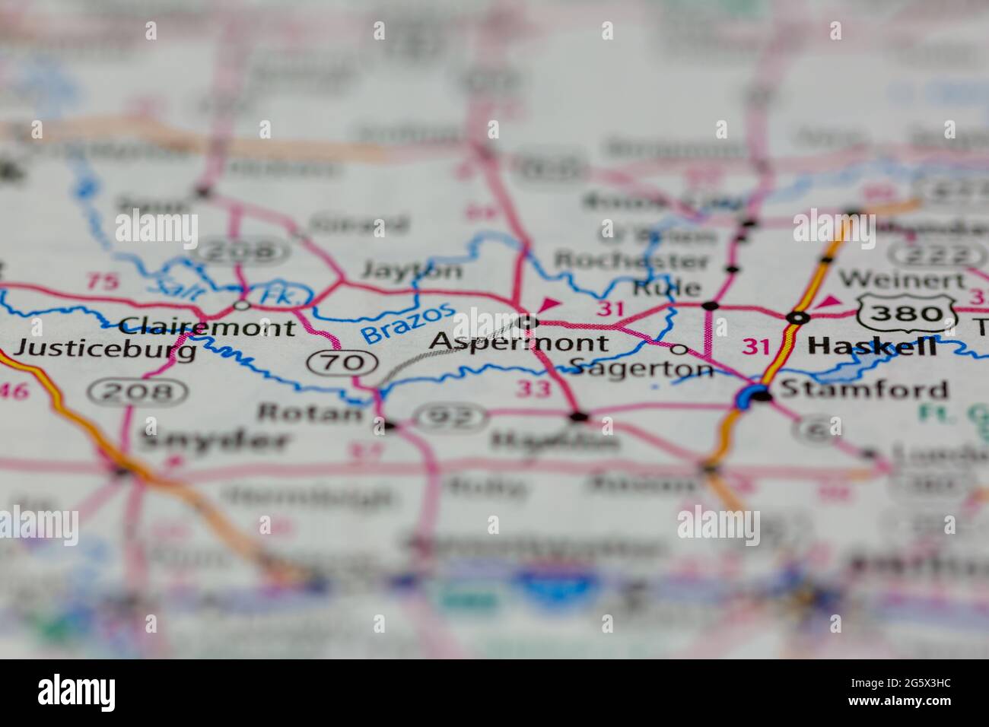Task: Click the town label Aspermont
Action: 519,343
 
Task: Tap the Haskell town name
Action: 872,347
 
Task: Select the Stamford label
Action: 864,389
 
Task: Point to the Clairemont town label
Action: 208,328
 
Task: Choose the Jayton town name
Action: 412,270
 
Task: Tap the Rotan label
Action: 311,413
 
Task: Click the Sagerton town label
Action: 641,368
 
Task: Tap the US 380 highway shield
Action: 906,313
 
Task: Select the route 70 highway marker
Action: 342,362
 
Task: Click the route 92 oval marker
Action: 450,417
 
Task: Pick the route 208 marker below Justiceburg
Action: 137,392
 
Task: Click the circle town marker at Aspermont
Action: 527,323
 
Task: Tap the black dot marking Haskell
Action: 797,318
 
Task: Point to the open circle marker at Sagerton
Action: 679,350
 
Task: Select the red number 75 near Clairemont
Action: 103,281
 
